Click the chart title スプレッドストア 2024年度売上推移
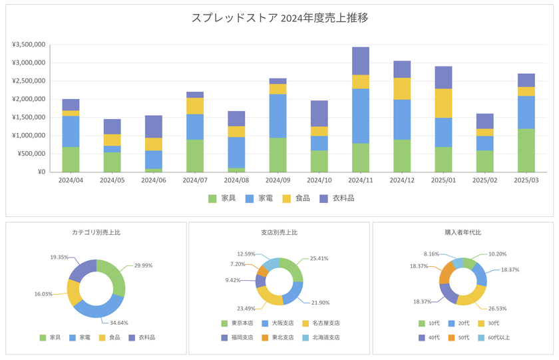[279, 18]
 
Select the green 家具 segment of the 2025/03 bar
[526, 150]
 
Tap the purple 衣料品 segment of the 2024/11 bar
[360, 61]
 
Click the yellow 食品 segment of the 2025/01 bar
[443, 103]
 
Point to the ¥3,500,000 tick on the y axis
[28, 45]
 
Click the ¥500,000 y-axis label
[31, 154]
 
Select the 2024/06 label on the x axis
[153, 180]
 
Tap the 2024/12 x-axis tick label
[402, 180]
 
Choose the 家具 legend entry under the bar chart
[222, 198]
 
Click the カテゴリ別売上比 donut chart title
[96, 233]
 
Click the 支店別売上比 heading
[279, 233]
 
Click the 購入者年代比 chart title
[463, 233]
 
